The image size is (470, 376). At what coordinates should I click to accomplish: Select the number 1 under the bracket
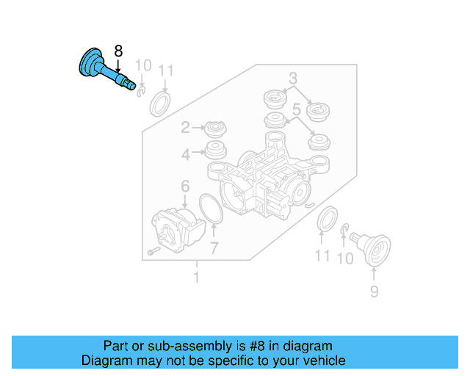coord(196,278)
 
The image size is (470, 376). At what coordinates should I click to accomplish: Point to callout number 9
coord(374,293)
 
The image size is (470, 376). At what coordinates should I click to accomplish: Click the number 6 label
coord(185,187)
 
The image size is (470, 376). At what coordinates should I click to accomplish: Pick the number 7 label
coord(214,247)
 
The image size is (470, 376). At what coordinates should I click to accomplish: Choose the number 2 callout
coord(186,128)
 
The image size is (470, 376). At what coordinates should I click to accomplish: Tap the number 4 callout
coord(186,154)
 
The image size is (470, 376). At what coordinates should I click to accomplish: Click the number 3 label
coord(292,79)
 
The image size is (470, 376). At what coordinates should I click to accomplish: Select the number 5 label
coord(296,110)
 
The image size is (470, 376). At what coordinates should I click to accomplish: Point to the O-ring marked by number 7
coord(211,209)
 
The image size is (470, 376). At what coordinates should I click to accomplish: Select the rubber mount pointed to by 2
coord(216,129)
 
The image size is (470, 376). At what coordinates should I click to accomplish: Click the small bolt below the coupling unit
coord(152,251)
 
